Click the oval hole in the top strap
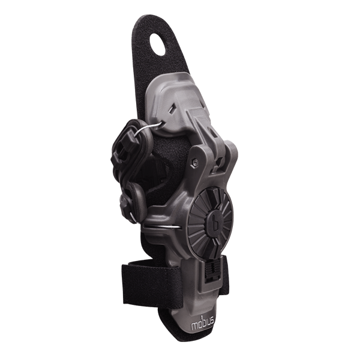click(x=158, y=44)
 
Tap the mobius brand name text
click(x=203, y=323)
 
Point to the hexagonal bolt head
click(x=195, y=163)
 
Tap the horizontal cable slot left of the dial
click(x=163, y=227)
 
